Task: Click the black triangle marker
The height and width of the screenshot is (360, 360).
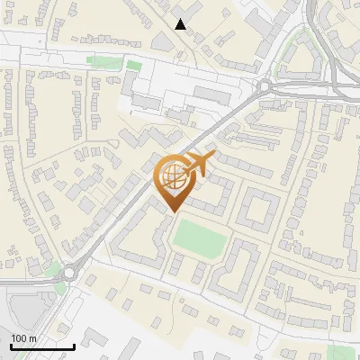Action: (181, 24)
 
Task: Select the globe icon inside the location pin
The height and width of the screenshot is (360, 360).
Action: (172, 175)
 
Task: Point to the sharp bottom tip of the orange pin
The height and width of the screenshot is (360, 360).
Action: (172, 211)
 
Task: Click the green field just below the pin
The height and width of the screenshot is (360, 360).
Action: (199, 237)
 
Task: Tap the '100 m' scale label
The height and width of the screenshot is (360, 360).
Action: (22, 338)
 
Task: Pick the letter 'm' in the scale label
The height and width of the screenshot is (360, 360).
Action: (31, 338)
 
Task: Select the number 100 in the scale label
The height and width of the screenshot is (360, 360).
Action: (18, 338)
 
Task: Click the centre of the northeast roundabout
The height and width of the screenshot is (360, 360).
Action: (265, 86)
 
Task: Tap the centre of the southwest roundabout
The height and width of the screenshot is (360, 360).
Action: (70, 270)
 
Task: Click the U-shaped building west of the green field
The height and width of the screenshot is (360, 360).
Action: (135, 243)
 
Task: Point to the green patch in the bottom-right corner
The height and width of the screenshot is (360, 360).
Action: (343, 353)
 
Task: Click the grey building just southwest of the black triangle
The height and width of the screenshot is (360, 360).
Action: (164, 40)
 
